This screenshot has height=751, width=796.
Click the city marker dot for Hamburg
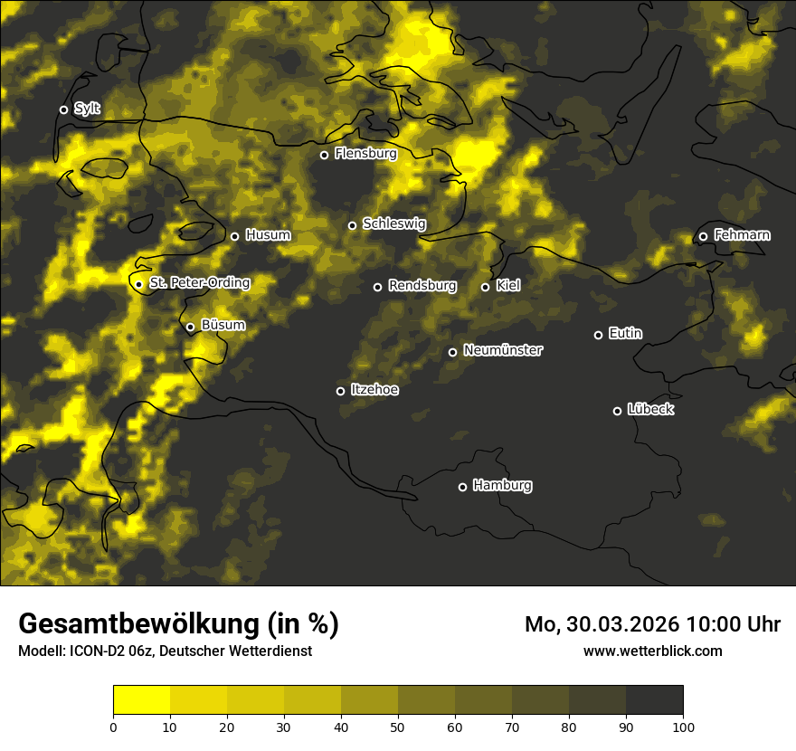tap(462, 487)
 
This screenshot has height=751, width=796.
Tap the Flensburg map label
tap(365, 154)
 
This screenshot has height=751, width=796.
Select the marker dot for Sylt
tap(63, 109)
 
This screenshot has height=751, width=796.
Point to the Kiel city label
tap(507, 286)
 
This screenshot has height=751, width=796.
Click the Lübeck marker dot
tap(617, 411)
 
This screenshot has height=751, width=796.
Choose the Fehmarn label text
tap(742, 235)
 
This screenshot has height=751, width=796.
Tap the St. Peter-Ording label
tap(199, 283)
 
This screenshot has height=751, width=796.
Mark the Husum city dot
tap(234, 236)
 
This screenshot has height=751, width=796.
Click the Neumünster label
tap(502, 350)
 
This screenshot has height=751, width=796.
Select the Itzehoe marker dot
tap(340, 391)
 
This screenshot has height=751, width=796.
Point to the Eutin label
tap(625, 334)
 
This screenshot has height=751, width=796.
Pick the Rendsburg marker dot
tap(377, 287)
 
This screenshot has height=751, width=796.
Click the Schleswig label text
tap(393, 223)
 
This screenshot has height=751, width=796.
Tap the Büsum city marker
tap(190, 327)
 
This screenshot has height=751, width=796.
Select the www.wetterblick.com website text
tap(652, 651)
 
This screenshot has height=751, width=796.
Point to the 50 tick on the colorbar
tap(398, 726)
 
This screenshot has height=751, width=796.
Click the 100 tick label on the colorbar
tap(683, 726)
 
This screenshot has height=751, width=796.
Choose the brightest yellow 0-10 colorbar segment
tap(142, 700)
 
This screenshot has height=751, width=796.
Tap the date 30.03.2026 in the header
tap(622, 624)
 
